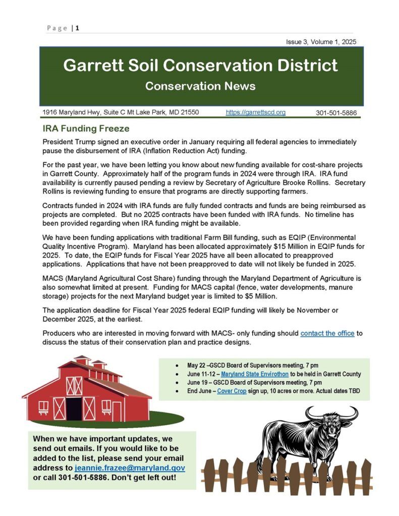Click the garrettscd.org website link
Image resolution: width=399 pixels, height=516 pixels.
click(255, 112)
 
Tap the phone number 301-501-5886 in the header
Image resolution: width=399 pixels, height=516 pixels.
click(336, 113)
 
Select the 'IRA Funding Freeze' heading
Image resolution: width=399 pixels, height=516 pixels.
click(86, 129)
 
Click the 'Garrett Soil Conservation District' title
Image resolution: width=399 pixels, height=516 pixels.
click(201, 66)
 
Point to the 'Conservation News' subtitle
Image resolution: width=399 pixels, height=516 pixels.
click(200, 86)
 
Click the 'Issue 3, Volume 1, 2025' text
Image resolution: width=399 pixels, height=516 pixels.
click(321, 42)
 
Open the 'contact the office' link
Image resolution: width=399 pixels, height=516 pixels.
click(327, 333)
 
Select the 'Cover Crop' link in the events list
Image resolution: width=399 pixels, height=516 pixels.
click(232, 391)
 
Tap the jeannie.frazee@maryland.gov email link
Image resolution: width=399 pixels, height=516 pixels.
click(130, 468)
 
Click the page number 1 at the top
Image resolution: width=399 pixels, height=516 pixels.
click(77, 28)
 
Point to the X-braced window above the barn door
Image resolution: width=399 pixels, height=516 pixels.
click(74, 385)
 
